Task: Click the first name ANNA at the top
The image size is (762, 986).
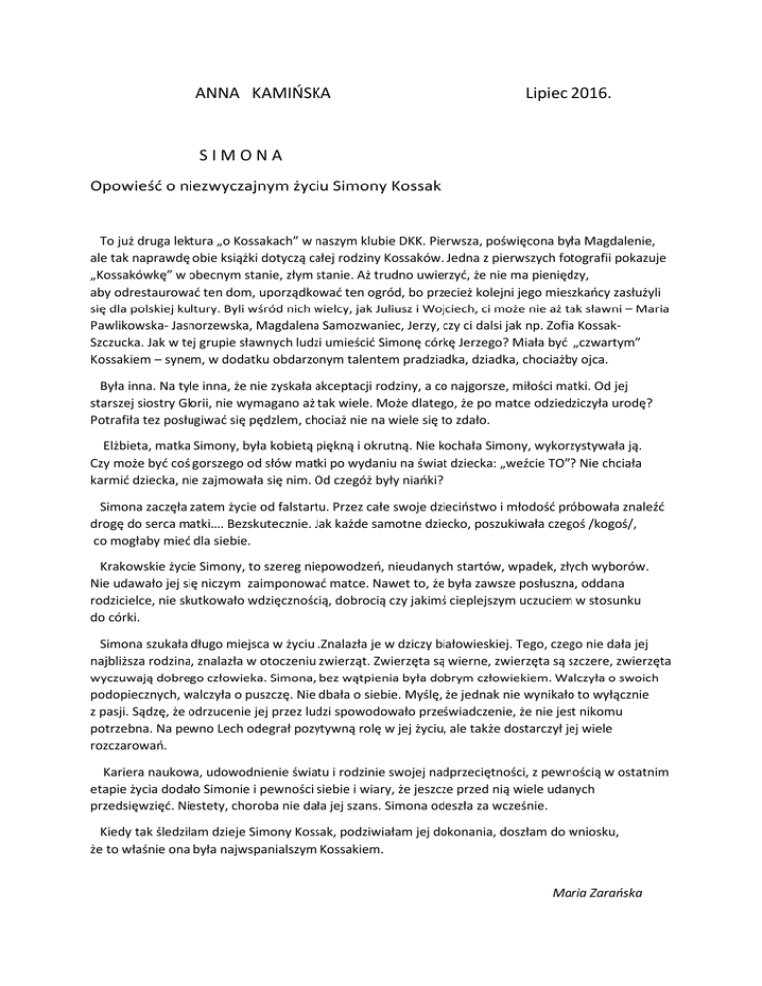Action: point(215,96)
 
